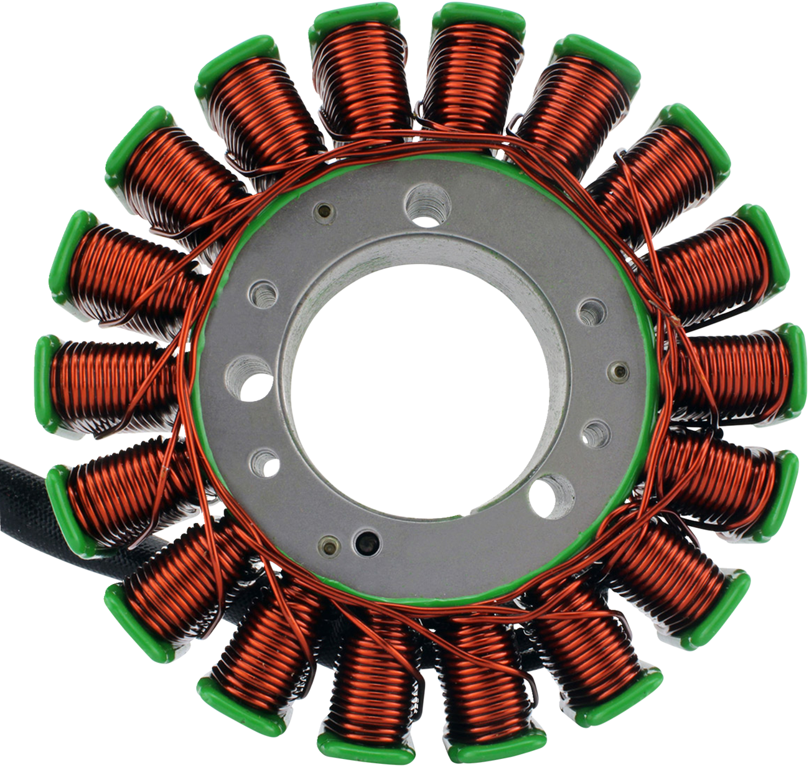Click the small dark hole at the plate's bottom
367,542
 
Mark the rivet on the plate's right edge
618,372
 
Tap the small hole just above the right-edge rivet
592,312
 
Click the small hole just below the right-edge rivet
595,431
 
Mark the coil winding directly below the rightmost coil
716,476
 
